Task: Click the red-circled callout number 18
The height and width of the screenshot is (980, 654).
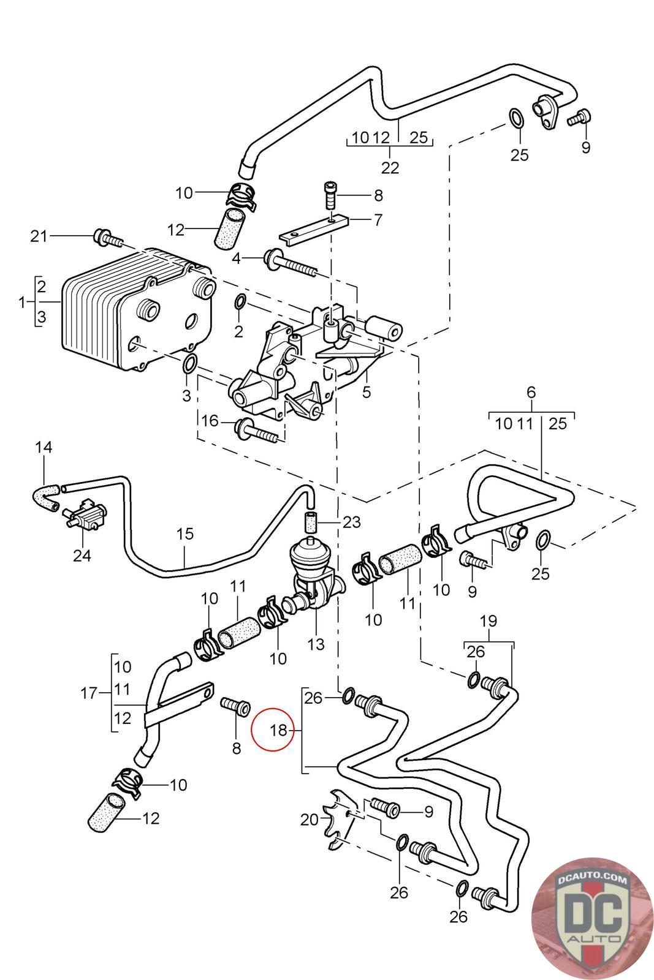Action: coord(278,730)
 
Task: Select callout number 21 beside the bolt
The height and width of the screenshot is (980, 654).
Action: coord(39,236)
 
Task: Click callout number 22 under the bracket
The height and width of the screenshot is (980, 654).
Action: coord(390,168)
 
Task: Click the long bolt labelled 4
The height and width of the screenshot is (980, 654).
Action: coord(291,264)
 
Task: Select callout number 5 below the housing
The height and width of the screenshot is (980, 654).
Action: coord(367,391)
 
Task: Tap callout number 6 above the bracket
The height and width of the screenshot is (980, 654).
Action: coord(531,392)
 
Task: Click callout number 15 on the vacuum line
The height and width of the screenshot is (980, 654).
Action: coord(184,533)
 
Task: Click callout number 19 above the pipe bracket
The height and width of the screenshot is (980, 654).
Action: coord(488,621)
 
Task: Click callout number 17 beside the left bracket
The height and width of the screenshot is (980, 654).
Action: coord(89,693)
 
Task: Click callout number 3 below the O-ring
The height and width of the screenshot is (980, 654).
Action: coord(187,396)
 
